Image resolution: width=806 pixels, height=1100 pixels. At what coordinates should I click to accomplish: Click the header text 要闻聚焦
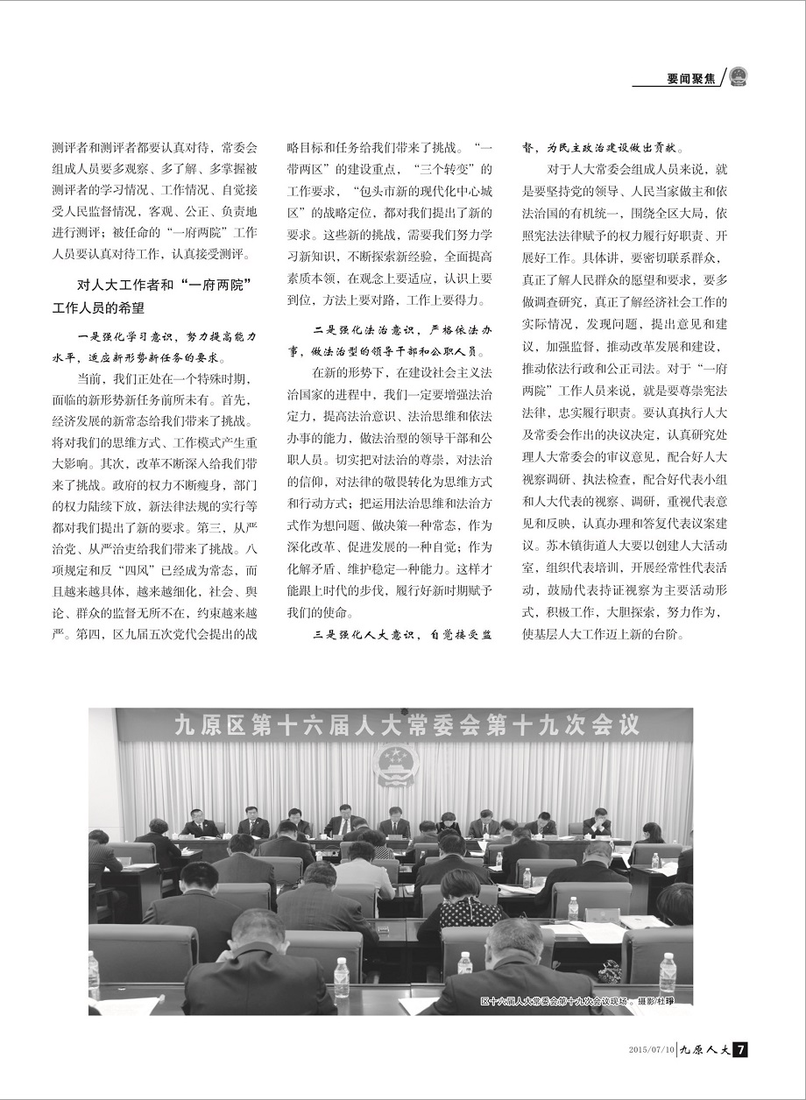coord(689,78)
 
